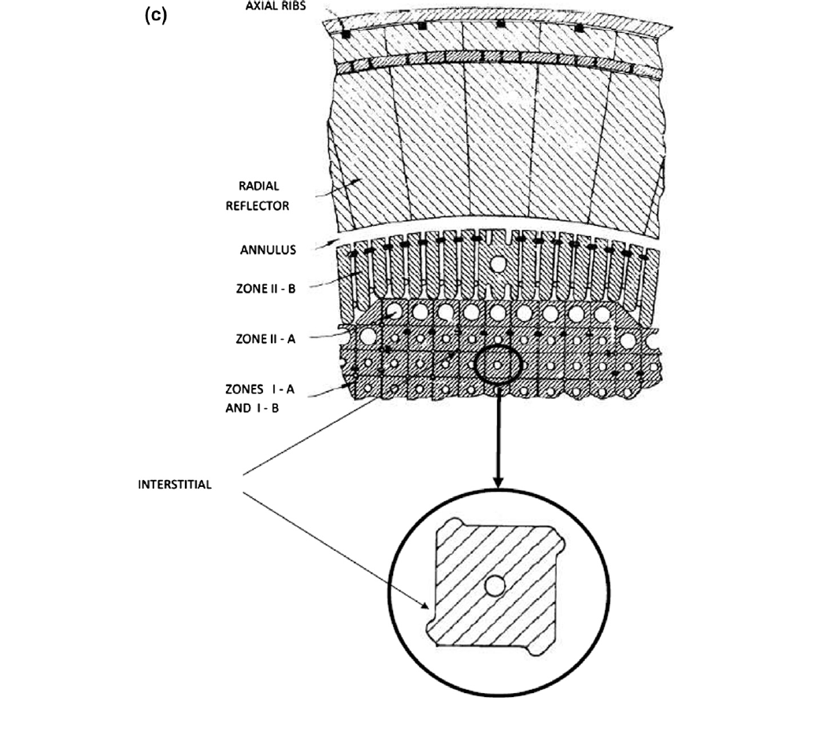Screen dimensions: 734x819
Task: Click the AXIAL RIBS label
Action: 280,4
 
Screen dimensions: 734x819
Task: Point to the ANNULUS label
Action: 268,251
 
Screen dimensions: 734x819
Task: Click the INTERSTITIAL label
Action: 175,485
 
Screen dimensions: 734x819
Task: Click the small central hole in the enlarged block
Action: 495,585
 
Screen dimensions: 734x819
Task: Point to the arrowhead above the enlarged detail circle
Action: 497,481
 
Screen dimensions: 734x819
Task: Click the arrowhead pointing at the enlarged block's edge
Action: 427,606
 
